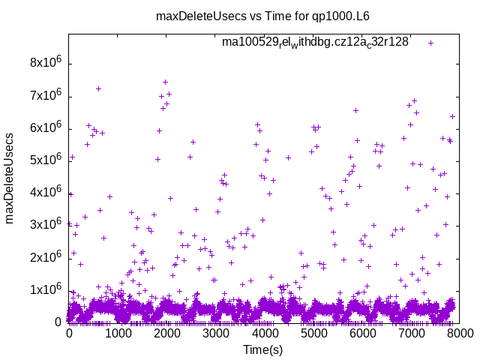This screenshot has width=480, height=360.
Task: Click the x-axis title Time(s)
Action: [262, 349]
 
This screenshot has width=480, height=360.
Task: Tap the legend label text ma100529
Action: [315, 42]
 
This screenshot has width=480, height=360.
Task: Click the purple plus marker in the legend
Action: [430, 43]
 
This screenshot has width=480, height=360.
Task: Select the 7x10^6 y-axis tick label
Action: [45, 95]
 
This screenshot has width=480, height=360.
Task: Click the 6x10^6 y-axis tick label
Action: [45, 127]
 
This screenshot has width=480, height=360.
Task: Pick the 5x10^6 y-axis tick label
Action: [45, 160]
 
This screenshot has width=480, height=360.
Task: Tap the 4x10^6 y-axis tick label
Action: [45, 192]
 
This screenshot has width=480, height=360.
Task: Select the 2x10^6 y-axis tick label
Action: [45, 256]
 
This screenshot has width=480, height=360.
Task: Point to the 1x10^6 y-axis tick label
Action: [45, 289]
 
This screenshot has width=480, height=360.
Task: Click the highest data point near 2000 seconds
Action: [165, 82]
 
